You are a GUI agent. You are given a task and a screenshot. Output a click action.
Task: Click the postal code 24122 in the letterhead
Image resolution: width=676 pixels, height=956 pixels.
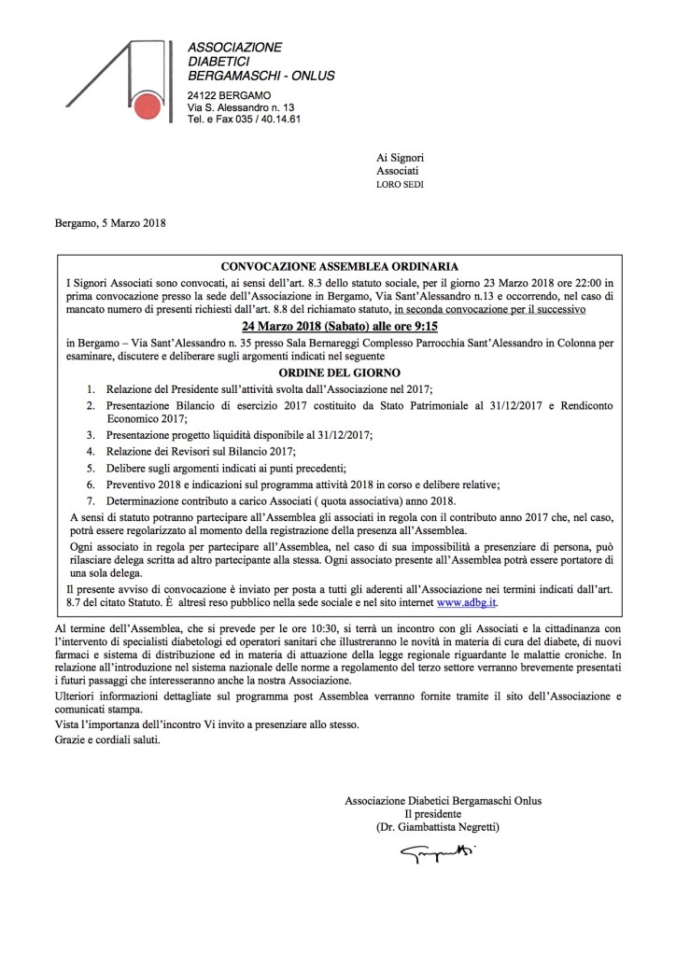tap(203, 97)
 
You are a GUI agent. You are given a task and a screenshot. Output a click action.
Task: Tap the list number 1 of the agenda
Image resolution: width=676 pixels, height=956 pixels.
tap(90, 387)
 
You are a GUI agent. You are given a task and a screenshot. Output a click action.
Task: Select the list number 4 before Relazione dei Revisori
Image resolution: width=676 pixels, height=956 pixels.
tap(90, 451)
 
